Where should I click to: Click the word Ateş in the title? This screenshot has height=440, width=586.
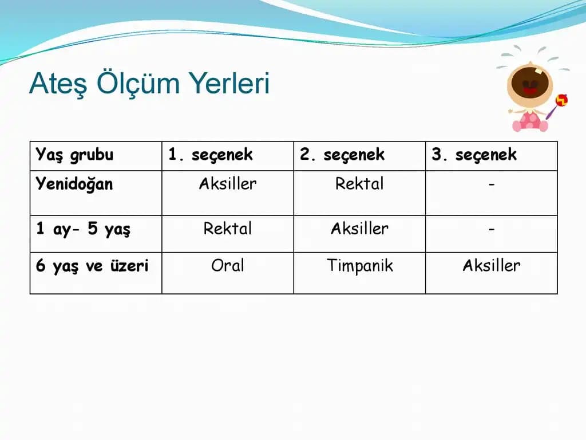58,84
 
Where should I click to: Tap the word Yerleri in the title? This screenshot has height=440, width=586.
229,82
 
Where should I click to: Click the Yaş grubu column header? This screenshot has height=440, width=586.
74,155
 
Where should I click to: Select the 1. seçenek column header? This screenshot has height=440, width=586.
211,155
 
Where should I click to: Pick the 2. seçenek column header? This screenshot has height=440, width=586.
342,155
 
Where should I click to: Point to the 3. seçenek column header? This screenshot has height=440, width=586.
474,155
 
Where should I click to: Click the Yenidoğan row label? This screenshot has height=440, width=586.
74,184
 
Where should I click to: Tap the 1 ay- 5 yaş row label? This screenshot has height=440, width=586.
83,229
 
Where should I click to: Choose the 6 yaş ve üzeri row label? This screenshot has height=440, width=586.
92,266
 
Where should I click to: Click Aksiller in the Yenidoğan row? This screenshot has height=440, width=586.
228,184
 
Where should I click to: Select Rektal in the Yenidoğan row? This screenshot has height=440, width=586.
359,184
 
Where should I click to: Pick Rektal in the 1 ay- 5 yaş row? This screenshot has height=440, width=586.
228,229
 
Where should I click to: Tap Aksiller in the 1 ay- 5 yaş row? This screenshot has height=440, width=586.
359,229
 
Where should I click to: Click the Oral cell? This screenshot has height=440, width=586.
228,266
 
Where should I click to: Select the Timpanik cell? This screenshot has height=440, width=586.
360,266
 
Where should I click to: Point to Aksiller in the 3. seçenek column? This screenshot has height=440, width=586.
492,266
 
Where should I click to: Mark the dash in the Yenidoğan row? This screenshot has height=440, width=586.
492,184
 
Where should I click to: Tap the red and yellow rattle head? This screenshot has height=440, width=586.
561,100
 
